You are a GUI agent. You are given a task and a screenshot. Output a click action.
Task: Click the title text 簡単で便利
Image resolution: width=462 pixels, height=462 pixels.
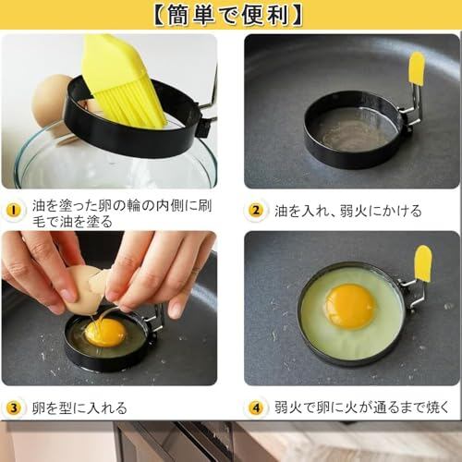[228, 15]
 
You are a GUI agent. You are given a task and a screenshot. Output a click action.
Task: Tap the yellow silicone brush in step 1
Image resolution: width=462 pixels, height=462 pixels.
[123, 80]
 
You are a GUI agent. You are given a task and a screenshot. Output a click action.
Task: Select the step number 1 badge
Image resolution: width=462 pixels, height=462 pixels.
[14, 211]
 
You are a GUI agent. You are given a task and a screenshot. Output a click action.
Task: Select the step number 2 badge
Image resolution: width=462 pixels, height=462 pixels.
[256, 211]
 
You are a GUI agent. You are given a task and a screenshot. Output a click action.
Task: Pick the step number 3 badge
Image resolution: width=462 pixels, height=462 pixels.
[14, 408]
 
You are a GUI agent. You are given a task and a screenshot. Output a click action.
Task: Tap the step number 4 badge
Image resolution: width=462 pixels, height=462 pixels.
[256, 408]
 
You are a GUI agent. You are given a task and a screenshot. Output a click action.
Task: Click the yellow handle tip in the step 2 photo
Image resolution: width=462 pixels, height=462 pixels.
[416, 68]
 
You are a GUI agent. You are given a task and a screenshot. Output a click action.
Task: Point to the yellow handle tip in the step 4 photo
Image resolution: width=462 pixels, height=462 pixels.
[422, 264]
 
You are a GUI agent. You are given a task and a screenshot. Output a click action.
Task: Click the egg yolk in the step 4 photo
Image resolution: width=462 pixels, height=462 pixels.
[350, 307]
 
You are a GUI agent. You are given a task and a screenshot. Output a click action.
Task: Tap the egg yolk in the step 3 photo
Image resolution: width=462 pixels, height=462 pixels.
[105, 333]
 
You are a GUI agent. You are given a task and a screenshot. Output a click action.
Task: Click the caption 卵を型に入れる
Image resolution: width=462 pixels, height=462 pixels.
[79, 408]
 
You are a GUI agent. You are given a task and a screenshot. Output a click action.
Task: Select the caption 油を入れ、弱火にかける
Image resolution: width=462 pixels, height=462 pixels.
[348, 211]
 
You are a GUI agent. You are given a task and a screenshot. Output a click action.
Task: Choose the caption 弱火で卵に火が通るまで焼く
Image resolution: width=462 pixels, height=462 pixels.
[362, 407]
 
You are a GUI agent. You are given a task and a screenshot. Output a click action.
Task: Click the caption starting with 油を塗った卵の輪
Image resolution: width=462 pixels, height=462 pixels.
[122, 213]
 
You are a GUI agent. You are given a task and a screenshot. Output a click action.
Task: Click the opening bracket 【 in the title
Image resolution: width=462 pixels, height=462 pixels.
[160, 15]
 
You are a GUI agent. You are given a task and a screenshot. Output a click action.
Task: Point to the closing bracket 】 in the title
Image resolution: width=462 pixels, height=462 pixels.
[296, 15]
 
